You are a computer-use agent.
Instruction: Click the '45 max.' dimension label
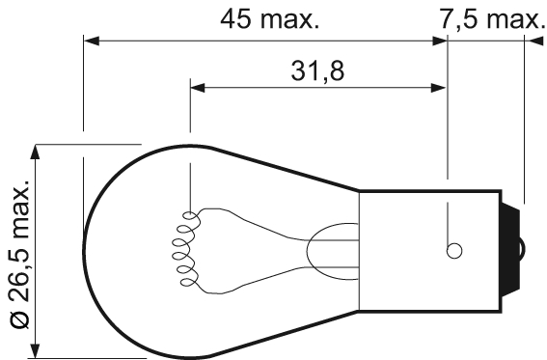click(x=269, y=19)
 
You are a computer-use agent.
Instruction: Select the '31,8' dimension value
click(x=318, y=69)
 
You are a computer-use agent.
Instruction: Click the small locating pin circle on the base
click(x=452, y=251)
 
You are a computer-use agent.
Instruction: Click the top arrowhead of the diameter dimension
click(x=38, y=152)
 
